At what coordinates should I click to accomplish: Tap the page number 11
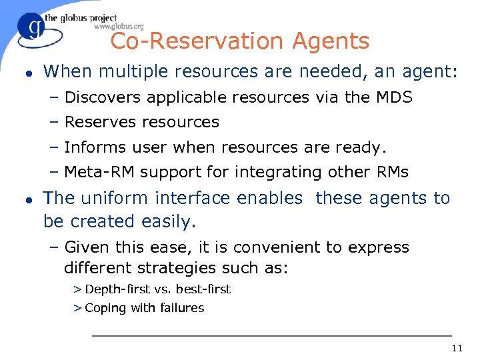[x=457, y=348]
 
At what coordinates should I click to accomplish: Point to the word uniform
[x=114, y=198]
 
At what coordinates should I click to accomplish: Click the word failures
[x=181, y=307]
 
